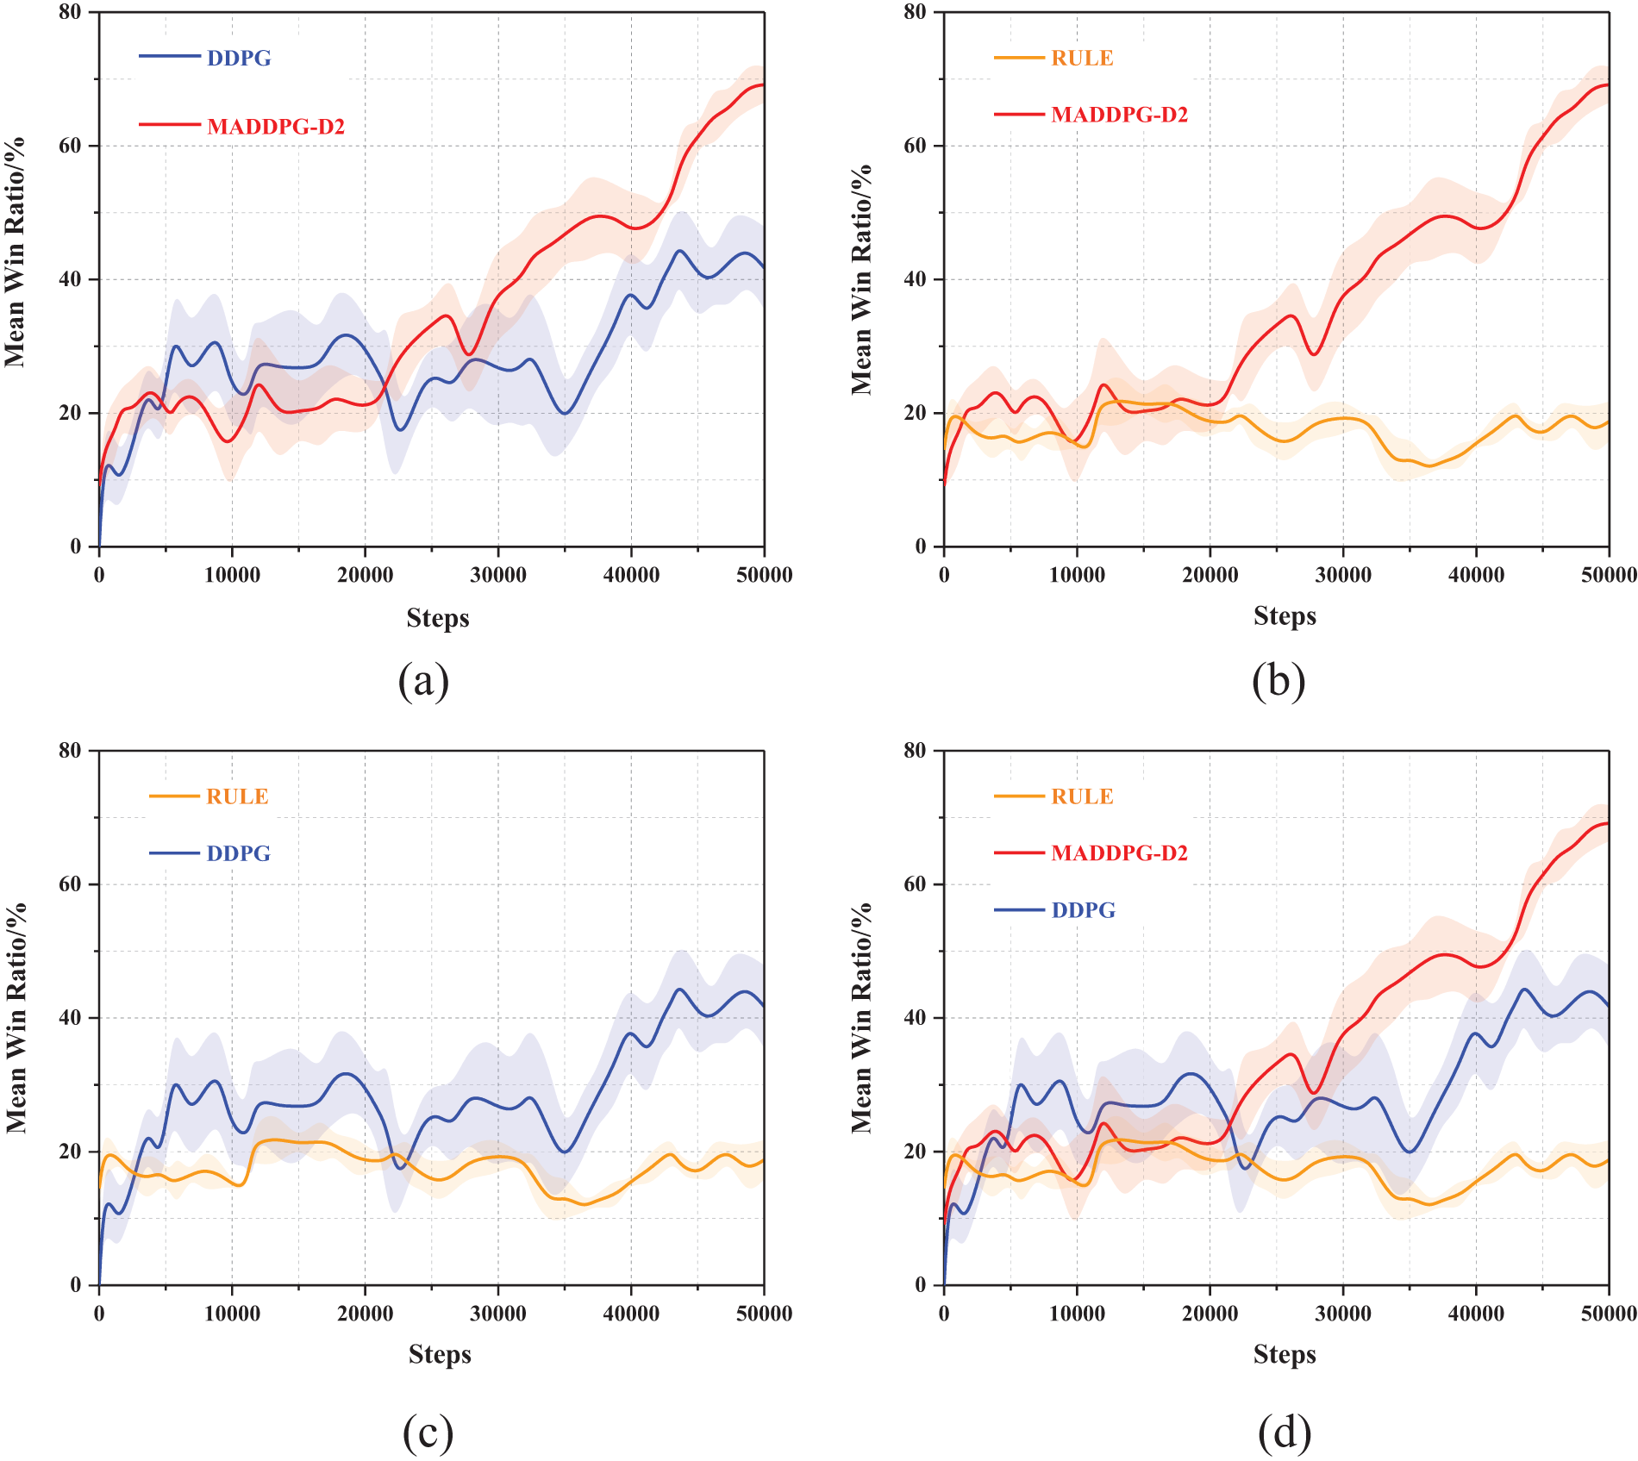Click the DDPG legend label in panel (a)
239,58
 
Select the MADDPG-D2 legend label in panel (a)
276,127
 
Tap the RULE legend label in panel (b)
1082,58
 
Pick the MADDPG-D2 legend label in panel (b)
1119,115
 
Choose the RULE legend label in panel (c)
237,796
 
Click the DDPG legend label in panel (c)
238,853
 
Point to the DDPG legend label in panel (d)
1083,910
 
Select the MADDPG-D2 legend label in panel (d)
1119,853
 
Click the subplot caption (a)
423,681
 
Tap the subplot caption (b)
1279,681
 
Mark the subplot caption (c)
428,1433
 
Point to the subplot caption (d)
1285,1433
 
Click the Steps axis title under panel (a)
438,618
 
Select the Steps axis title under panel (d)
1285,1354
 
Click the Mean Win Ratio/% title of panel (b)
861,279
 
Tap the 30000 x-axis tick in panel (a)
498,575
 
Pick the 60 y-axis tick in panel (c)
70,884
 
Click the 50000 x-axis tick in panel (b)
1609,575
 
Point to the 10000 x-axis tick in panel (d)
1077,1314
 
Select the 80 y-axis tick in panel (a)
70,12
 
